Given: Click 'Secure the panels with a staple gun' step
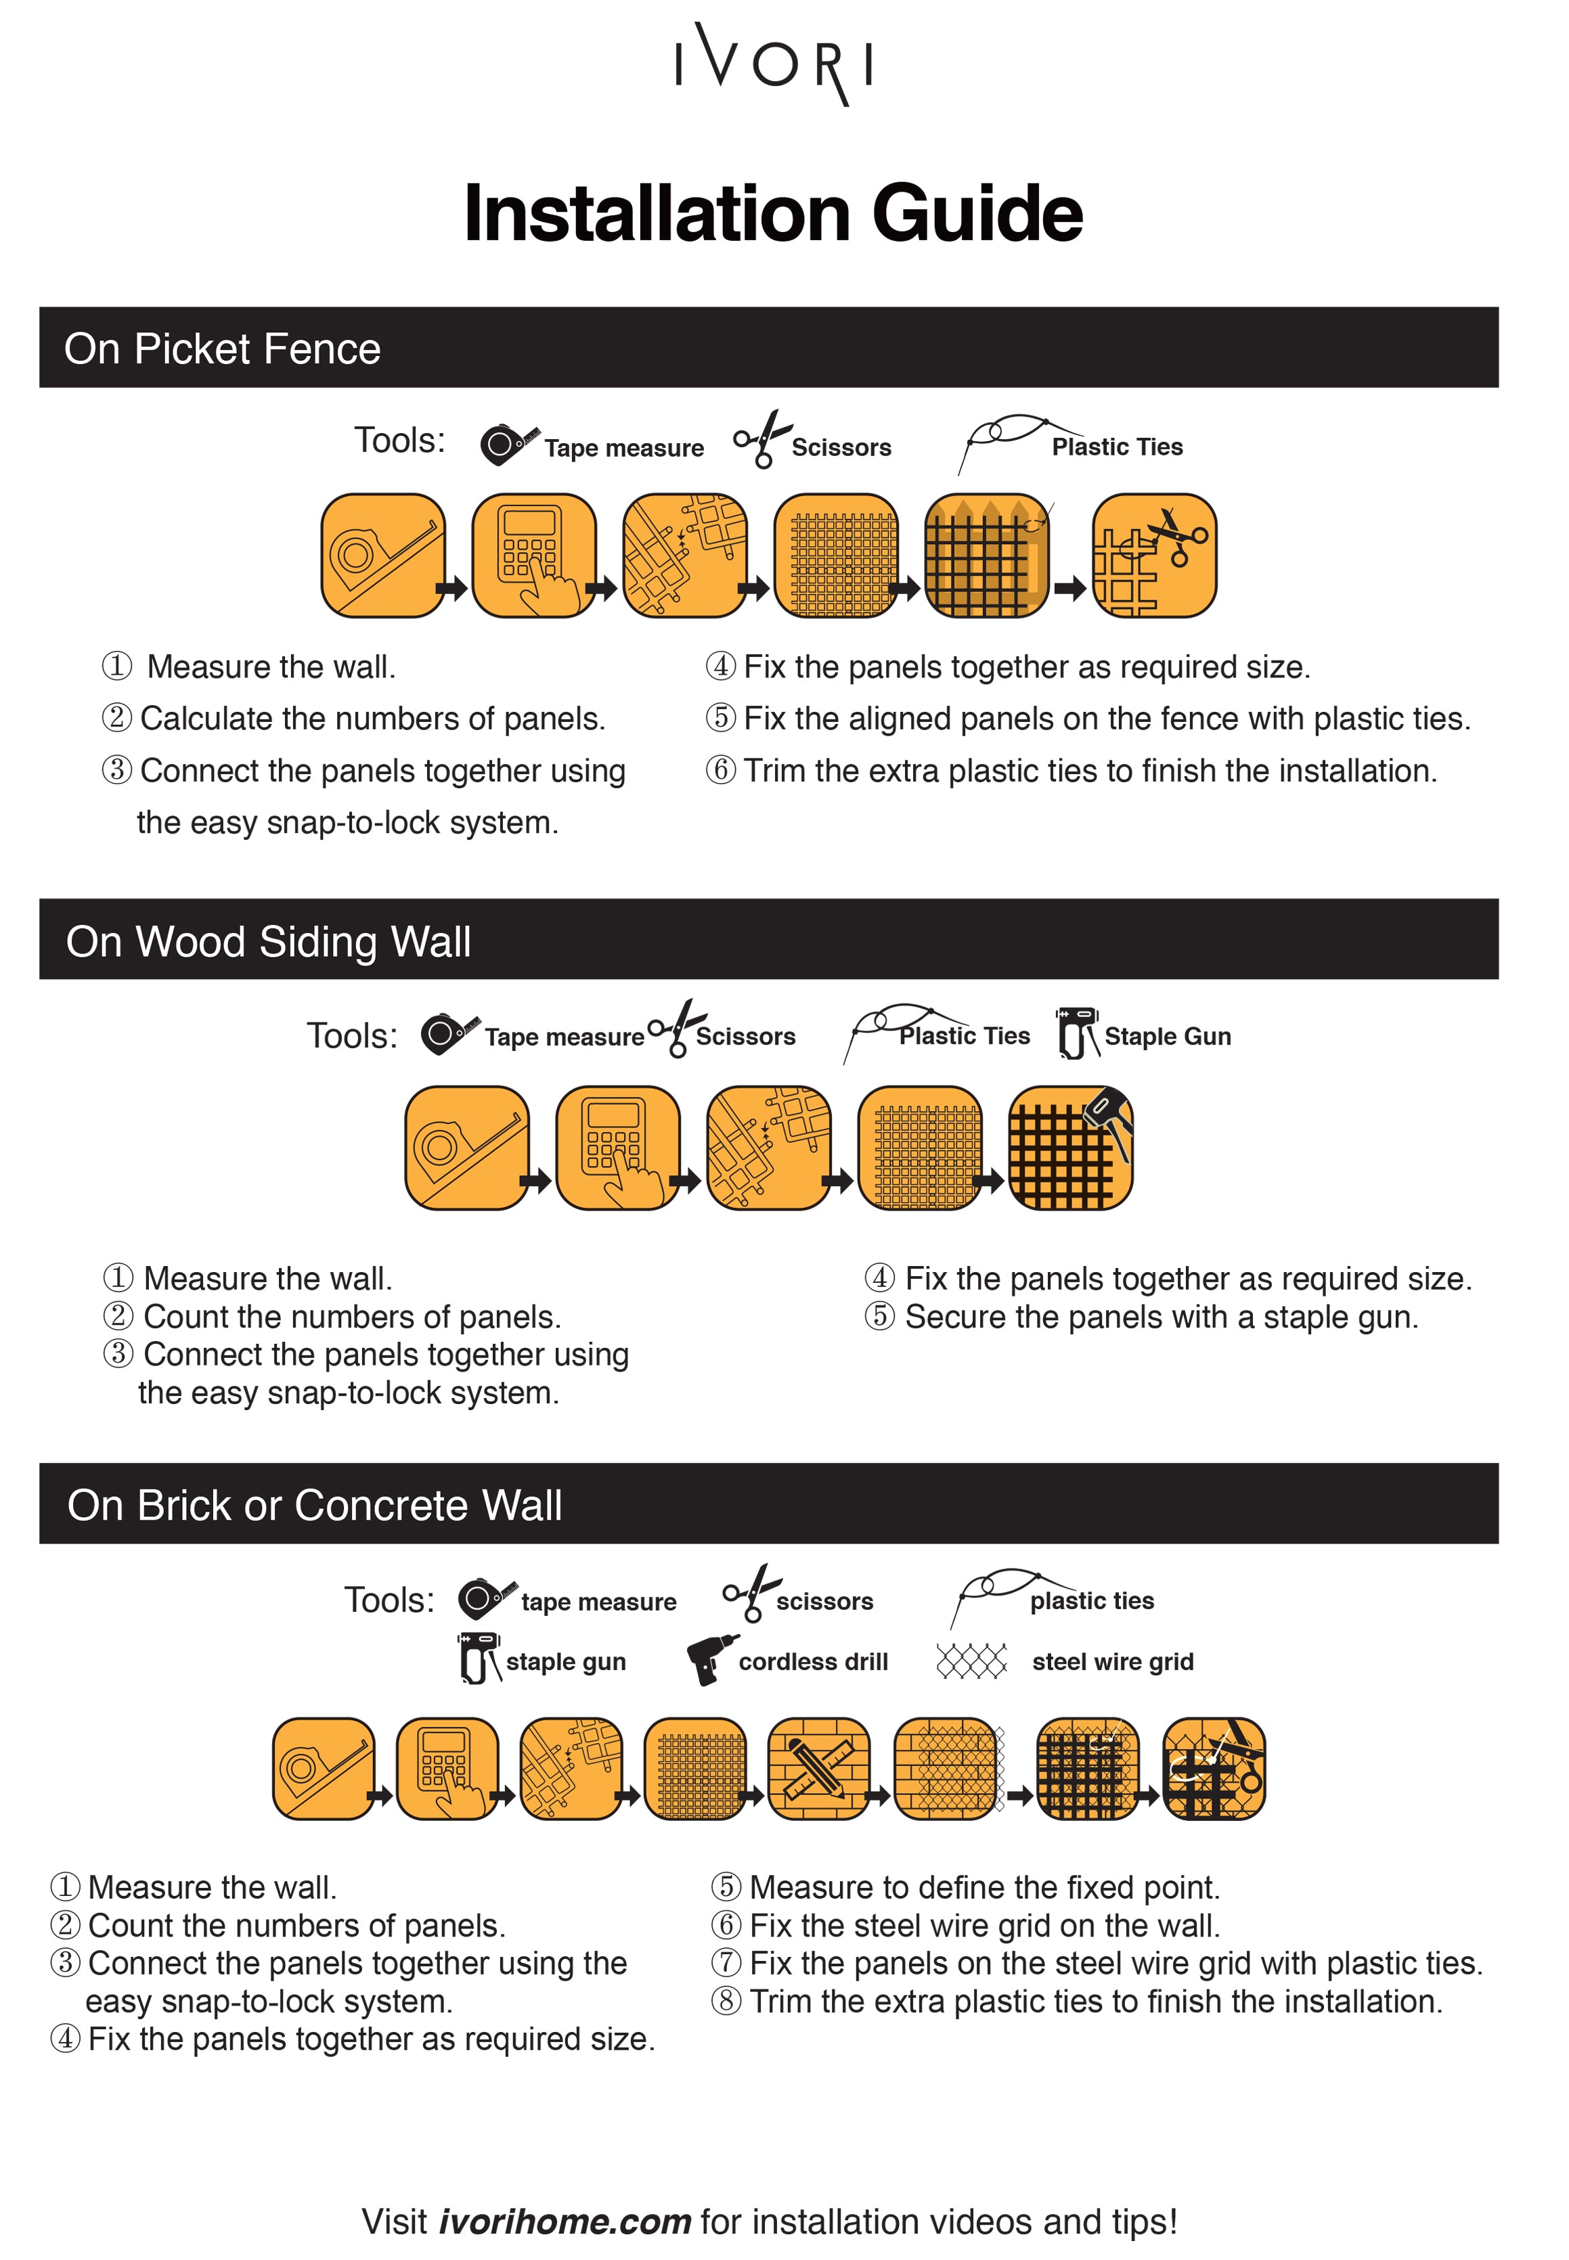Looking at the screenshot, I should click(1161, 1317).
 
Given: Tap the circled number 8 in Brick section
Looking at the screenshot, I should click(726, 2002).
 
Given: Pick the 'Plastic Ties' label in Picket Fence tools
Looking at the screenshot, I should click(1117, 447).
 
